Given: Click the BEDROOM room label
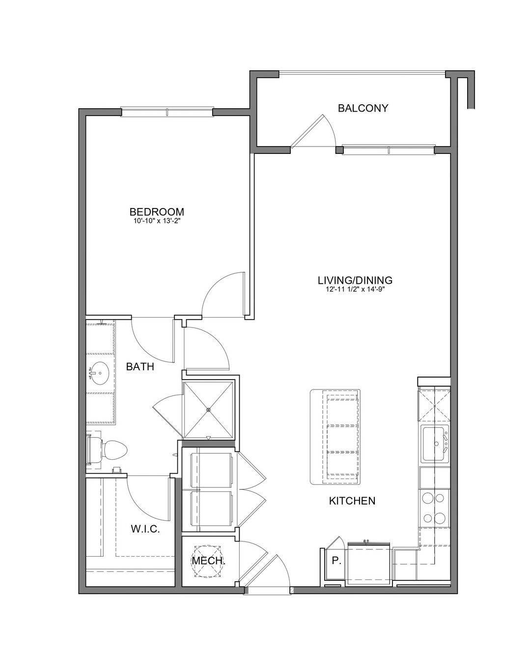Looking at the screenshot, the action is (x=157, y=212).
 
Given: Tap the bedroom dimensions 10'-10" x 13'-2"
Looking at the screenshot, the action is (x=157, y=221).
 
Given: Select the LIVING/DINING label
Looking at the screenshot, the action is (x=355, y=280).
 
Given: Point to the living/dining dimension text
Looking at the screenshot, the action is (x=355, y=289).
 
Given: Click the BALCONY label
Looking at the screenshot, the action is (x=363, y=108).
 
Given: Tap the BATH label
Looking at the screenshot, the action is (x=140, y=367).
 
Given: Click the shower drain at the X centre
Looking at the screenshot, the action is (x=208, y=410).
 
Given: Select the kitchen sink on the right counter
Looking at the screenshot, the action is (x=435, y=444).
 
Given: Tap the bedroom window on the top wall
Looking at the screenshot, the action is (x=167, y=112).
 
